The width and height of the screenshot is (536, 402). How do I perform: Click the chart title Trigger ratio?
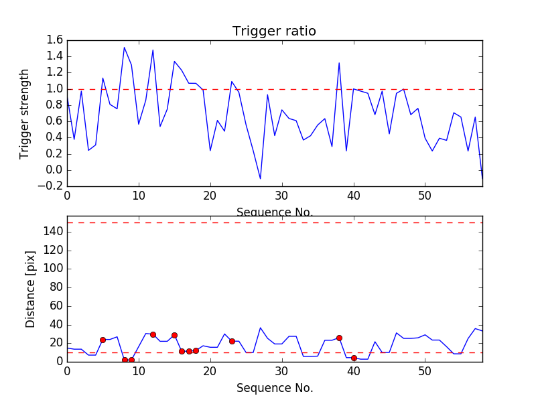click(274, 31)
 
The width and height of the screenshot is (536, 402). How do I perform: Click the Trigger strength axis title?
click(25, 113)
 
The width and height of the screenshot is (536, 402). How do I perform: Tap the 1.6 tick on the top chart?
click(55, 40)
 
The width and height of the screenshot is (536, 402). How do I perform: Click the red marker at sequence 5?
click(103, 340)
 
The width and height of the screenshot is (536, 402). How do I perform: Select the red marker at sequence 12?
click(153, 334)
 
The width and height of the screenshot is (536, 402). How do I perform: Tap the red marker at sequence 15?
click(174, 335)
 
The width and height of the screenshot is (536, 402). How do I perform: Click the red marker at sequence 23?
click(232, 341)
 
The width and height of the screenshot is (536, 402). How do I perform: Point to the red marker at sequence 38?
click(339, 338)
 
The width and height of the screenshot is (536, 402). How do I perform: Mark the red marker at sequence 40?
click(354, 358)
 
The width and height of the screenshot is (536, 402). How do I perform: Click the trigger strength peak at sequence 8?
click(124, 48)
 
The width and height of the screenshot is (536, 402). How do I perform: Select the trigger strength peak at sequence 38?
click(339, 63)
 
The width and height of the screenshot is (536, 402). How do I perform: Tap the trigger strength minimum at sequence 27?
click(261, 178)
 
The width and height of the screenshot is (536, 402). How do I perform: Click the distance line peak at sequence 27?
click(261, 328)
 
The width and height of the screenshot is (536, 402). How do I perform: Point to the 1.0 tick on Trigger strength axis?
click(55, 89)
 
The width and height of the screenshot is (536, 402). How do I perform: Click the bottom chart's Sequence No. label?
click(274, 388)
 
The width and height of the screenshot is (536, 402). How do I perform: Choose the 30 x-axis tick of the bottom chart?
click(282, 371)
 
